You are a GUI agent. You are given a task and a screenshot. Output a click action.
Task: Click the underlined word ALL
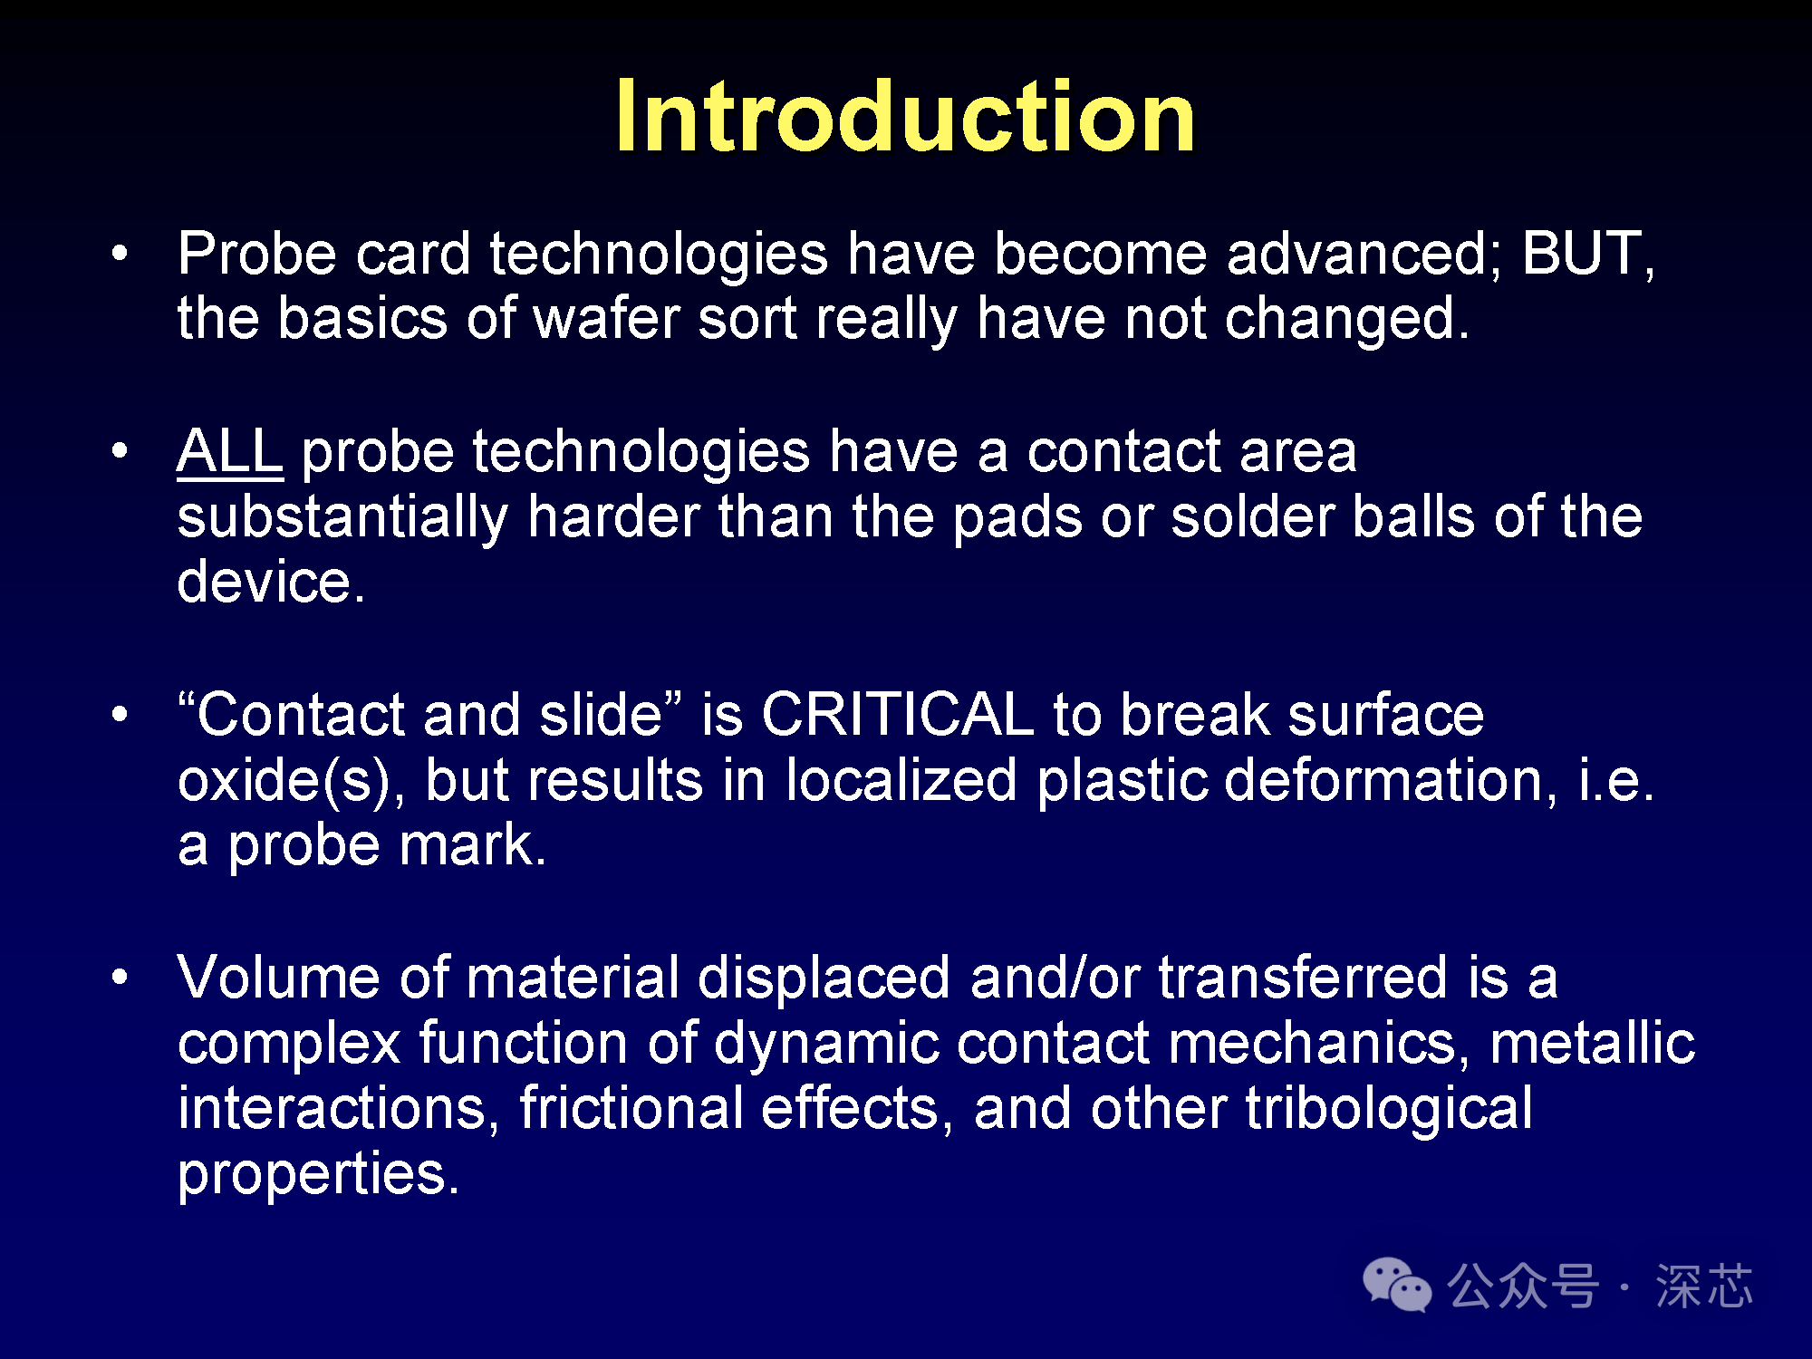(230, 451)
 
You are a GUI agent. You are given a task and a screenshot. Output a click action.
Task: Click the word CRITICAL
(897, 715)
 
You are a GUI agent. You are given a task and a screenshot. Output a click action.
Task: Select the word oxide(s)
(284, 780)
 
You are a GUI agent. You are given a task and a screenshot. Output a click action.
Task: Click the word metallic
(1592, 1043)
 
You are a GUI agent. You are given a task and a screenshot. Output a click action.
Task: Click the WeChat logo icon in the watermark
(1397, 1284)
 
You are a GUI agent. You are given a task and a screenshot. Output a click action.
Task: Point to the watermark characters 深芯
(1704, 1286)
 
